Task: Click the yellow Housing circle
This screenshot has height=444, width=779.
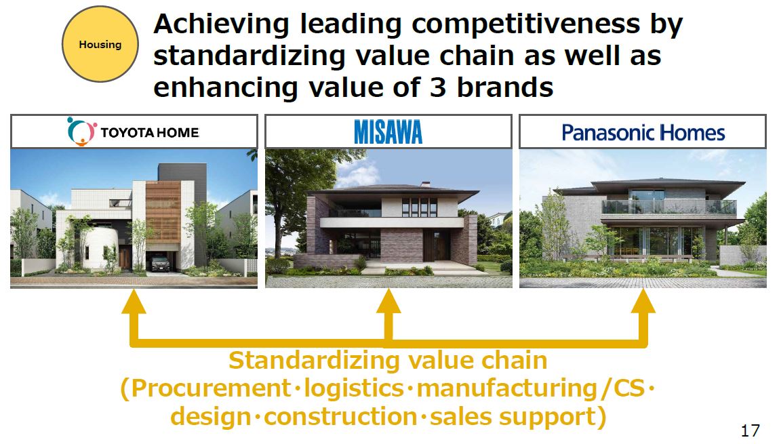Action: [x=100, y=44]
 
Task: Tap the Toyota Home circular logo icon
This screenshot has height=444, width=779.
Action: [x=81, y=131]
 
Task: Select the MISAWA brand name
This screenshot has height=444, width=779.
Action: [x=388, y=132]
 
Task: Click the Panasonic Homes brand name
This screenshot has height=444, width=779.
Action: [x=643, y=133]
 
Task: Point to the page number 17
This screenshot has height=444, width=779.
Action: [x=750, y=430]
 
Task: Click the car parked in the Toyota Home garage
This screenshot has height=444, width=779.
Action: [x=159, y=263]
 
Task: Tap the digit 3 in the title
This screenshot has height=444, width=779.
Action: [x=438, y=87]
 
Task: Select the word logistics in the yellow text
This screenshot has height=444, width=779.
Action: [x=354, y=388]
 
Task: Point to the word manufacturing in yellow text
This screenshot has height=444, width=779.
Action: [x=506, y=388]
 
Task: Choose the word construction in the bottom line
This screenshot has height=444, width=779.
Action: [x=340, y=416]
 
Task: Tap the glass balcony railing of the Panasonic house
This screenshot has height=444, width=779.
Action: [x=668, y=207]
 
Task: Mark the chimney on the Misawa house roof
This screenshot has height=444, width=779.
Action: [x=425, y=184]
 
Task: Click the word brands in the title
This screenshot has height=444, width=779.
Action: [x=505, y=87]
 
